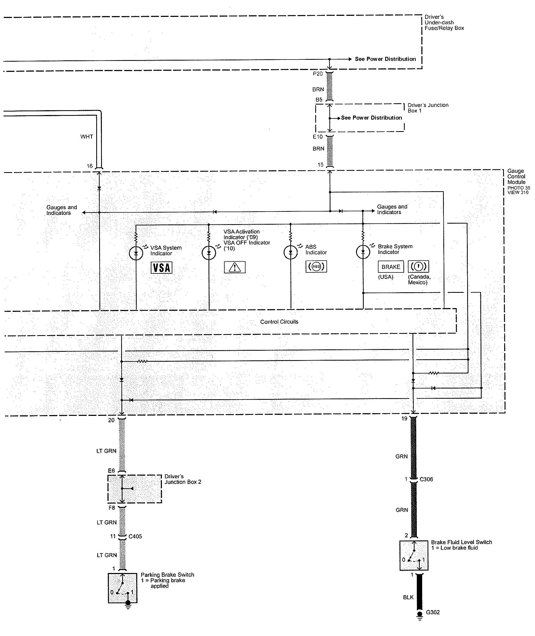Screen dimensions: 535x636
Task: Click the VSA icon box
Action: click(161, 268)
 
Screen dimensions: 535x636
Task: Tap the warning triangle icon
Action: click(235, 267)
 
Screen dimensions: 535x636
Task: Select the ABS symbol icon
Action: click(316, 267)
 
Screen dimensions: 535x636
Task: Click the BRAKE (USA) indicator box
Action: click(391, 267)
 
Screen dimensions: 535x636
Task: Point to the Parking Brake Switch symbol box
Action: click(122, 588)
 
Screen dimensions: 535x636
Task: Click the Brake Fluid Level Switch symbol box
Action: click(414, 555)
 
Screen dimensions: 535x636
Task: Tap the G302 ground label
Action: click(433, 612)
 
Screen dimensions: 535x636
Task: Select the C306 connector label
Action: click(426, 479)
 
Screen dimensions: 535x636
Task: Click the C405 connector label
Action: click(135, 536)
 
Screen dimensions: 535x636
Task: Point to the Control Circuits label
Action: click(279, 322)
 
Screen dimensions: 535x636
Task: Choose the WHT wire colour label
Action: click(87, 136)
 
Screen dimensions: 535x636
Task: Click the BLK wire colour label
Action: click(408, 597)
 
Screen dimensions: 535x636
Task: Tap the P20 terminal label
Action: click(318, 74)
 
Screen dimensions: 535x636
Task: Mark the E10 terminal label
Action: click(318, 137)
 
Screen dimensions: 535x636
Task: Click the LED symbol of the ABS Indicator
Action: click(291, 252)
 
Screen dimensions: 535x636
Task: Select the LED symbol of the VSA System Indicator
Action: click(136, 253)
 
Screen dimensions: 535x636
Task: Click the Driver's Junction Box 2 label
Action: click(183, 479)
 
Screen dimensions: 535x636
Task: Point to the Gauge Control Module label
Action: click(516, 177)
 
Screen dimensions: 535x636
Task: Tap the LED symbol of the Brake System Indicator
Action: click(363, 252)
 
